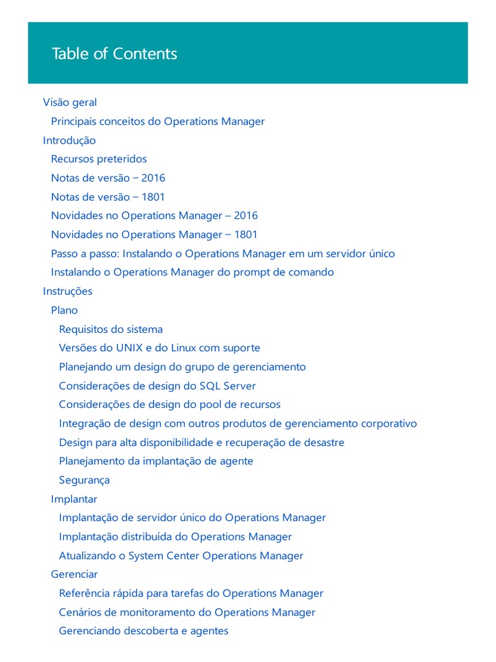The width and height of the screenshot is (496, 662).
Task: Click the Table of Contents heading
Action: point(114,54)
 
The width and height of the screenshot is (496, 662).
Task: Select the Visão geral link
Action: point(70,102)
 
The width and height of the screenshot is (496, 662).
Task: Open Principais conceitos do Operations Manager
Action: point(158,122)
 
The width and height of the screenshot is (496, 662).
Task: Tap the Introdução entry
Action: point(69,140)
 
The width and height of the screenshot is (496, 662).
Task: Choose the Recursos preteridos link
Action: point(99,159)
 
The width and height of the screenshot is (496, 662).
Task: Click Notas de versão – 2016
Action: point(108,178)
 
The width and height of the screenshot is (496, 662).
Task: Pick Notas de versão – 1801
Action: point(108,197)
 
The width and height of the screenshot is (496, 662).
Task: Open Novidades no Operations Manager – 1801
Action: point(154,235)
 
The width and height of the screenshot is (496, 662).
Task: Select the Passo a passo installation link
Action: point(223,253)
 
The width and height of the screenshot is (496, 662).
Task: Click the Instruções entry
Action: point(68,291)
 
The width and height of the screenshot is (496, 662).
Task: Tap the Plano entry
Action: point(64,310)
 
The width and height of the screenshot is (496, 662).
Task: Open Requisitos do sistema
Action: point(110,329)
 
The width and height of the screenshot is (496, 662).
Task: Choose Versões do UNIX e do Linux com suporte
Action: point(160,348)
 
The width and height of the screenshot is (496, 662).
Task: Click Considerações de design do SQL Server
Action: point(157,386)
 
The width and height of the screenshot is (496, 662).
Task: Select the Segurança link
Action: point(84,480)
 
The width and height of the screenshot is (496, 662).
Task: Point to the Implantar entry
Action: point(74,499)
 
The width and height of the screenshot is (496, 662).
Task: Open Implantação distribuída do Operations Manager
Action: point(175,537)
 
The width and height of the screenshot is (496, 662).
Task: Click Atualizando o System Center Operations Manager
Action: point(181,555)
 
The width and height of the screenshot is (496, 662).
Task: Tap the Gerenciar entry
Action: point(74,574)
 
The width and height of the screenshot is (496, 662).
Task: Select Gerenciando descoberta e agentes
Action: point(143,631)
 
